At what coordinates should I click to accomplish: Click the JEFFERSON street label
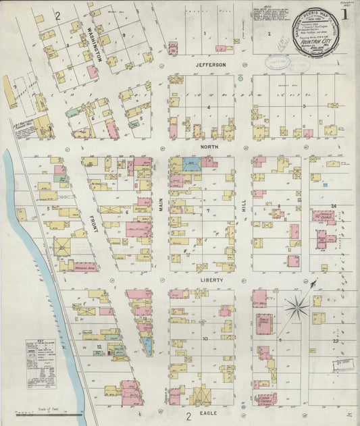click(209, 65)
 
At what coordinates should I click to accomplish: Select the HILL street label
click(244, 211)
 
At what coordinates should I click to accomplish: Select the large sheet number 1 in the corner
click(345, 14)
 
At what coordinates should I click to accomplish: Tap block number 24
click(333, 206)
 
